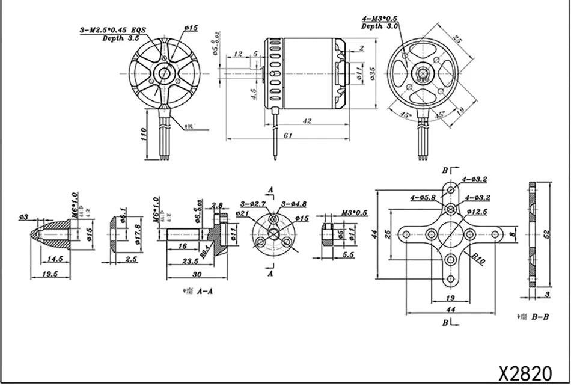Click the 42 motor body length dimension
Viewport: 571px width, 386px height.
click(307, 121)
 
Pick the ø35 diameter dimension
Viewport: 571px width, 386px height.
click(372, 75)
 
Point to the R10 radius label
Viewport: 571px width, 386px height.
click(478, 259)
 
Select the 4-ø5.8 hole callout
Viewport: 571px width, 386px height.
click(423, 197)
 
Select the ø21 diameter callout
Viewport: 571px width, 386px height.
click(242, 213)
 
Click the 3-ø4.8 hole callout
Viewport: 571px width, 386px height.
click(295, 203)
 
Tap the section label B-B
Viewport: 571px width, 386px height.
click(539, 316)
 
